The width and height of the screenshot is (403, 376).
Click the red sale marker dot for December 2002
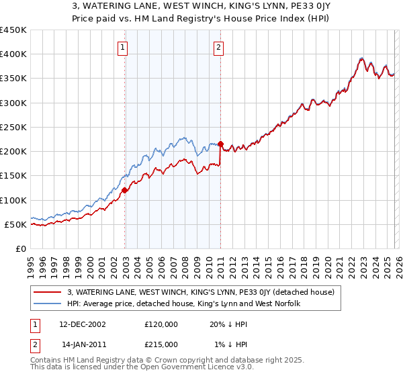(x=125, y=190)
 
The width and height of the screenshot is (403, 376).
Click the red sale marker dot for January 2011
(x=220, y=144)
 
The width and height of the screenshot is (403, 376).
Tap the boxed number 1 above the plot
(x=124, y=47)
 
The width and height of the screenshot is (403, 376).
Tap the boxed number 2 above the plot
(x=219, y=47)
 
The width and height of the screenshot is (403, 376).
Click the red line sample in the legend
(x=48, y=292)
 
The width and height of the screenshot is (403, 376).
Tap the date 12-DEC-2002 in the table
(x=83, y=324)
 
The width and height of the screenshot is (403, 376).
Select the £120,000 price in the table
(x=161, y=324)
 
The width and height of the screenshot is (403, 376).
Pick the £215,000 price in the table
(x=161, y=344)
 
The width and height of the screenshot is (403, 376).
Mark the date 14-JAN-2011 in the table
(x=82, y=344)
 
